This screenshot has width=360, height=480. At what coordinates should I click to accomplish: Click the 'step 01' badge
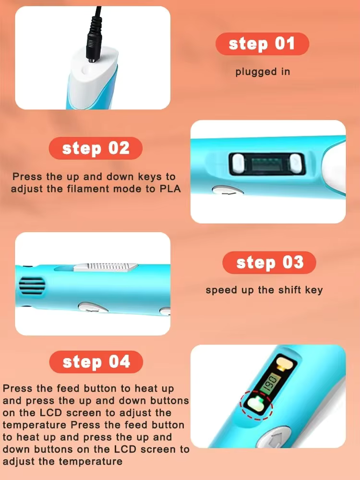(x=263, y=44)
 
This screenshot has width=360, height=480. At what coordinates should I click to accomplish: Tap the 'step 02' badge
(x=96, y=148)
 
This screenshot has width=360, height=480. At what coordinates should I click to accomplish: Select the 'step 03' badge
(x=269, y=263)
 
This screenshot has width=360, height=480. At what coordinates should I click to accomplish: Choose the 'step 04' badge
(x=96, y=362)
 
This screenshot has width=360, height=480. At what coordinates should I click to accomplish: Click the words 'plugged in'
(x=263, y=72)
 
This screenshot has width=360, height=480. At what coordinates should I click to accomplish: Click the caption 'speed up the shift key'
(x=264, y=290)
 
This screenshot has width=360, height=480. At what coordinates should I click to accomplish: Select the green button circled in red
(x=255, y=404)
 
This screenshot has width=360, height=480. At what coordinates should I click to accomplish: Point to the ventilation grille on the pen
(x=32, y=286)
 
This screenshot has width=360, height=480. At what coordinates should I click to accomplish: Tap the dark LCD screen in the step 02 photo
(x=267, y=164)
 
